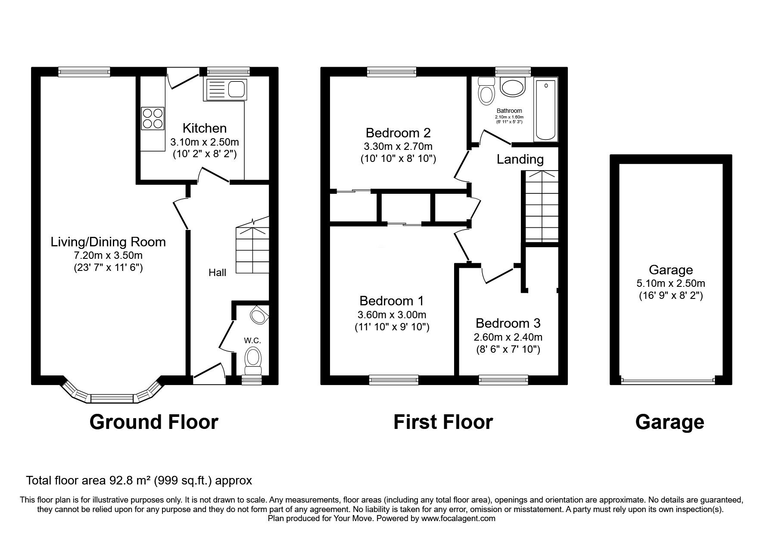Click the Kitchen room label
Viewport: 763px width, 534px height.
coord(204,128)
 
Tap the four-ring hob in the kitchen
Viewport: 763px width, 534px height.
coord(153,118)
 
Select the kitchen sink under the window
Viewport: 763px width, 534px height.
coord(227,89)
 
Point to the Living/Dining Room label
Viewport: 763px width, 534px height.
coord(108,242)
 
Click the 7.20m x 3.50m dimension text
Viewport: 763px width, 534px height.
coord(108,255)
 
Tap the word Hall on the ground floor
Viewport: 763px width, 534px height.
coord(217,272)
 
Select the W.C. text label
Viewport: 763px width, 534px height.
coord(252,340)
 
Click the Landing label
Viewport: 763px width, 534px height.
coord(520,159)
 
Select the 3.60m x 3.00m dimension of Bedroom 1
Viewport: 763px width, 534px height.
coord(392,315)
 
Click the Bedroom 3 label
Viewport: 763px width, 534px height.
coord(508,323)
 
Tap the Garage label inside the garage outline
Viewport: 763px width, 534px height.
coord(670,270)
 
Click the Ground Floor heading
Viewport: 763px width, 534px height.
coord(154,422)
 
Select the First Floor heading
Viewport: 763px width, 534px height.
coord(443,422)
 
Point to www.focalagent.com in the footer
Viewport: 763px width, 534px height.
coord(458,518)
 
